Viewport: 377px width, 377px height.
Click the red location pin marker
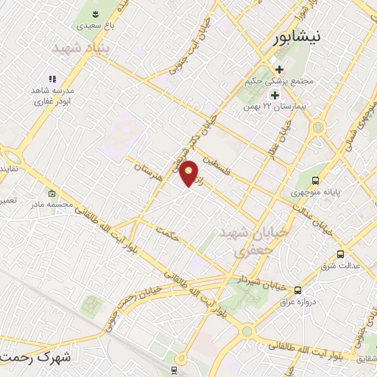[189, 173]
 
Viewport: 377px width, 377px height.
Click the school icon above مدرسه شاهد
[52, 78]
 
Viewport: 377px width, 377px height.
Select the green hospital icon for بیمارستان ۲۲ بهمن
[275, 95]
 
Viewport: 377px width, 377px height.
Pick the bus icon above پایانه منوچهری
[316, 180]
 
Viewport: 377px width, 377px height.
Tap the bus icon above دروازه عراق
[297, 290]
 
